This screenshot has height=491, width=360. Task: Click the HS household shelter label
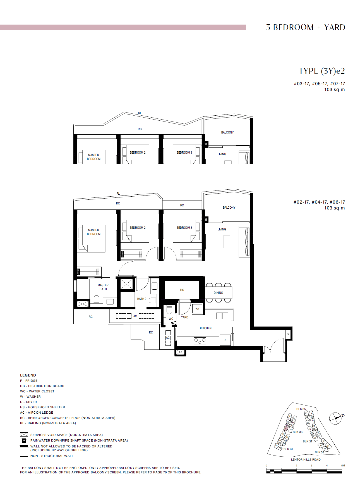(182, 290)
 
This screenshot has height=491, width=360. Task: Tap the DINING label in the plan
(218, 293)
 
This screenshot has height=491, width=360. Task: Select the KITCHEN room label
(206, 328)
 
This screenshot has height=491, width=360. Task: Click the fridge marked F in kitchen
(225, 340)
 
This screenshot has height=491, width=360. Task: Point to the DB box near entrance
(288, 334)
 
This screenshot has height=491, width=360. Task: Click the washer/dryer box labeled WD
(197, 309)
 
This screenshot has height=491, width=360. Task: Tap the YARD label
(184, 317)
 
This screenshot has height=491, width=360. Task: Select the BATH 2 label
(141, 299)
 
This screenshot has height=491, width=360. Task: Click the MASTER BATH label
(103, 287)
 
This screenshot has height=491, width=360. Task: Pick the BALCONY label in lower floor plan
(229, 208)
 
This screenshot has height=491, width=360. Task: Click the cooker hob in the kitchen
(200, 340)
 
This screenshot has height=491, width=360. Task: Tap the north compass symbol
(336, 418)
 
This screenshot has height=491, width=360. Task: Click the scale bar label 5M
(343, 466)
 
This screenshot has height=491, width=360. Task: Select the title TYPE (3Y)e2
(322, 71)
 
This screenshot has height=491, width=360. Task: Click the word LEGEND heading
(28, 375)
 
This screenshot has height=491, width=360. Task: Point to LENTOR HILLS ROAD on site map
(306, 459)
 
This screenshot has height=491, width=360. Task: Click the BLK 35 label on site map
(301, 409)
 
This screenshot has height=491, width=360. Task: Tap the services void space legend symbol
(24, 435)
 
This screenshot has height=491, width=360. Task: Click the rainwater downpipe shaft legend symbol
(24, 440)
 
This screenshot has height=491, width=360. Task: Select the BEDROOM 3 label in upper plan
(184, 152)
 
